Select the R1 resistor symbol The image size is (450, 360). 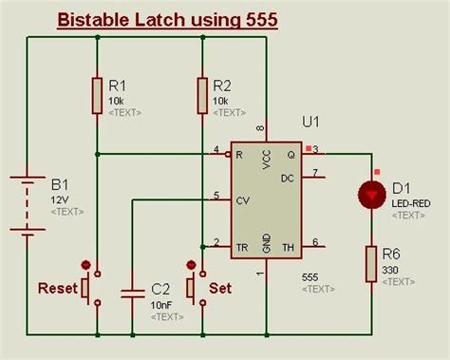pyautogui.click(x=97, y=94)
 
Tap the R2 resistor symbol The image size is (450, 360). pyautogui.click(x=202, y=94)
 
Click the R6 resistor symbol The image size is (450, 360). pyautogui.click(x=372, y=264)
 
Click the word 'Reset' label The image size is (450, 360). pyautogui.click(x=55, y=287)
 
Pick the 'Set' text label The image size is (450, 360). pyautogui.click(x=220, y=287)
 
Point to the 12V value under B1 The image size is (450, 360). pyautogui.click(x=60, y=200)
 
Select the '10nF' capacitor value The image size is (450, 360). pyautogui.click(x=160, y=304)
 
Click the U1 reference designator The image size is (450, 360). pyautogui.click(x=309, y=122)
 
